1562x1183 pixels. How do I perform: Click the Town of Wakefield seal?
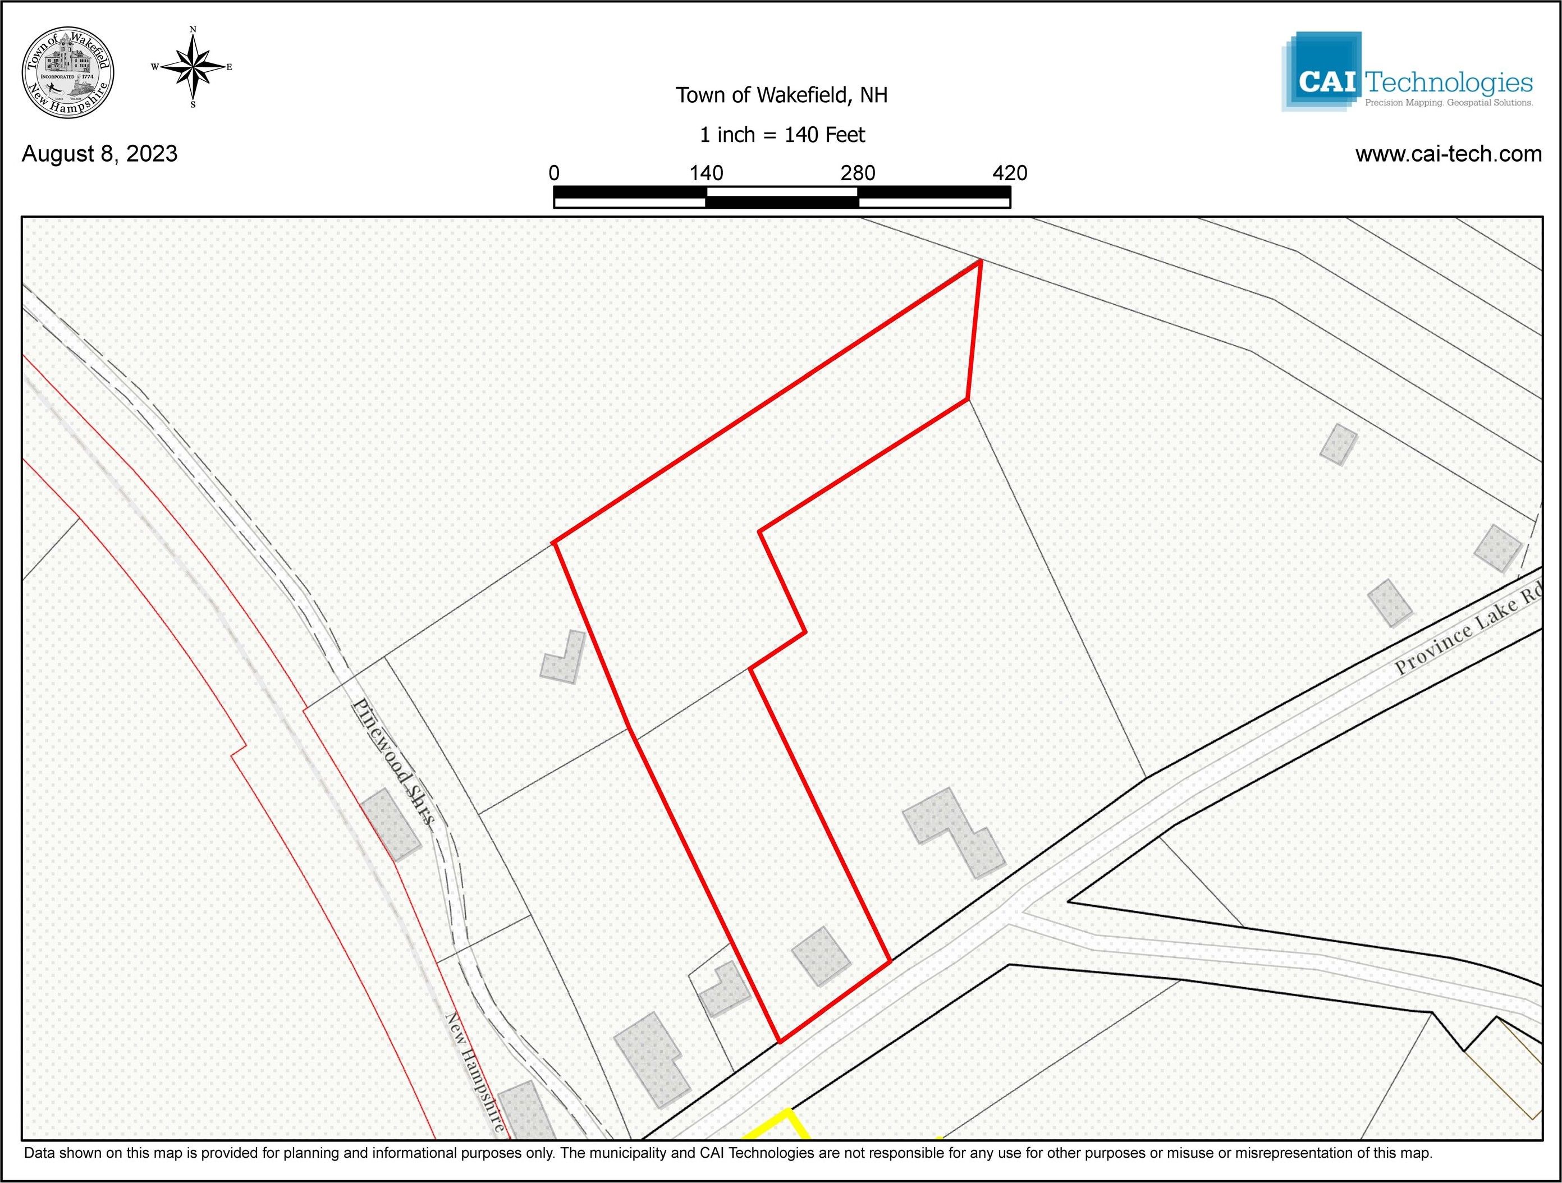(x=68, y=73)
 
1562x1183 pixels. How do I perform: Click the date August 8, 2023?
(x=99, y=154)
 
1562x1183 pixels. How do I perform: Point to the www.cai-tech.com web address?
(x=1448, y=154)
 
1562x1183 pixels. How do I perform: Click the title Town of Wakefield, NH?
(x=781, y=95)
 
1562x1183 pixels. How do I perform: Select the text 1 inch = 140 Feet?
(x=782, y=135)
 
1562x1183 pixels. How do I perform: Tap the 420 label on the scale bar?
(x=1009, y=173)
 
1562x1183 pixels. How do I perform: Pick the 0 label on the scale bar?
(x=555, y=173)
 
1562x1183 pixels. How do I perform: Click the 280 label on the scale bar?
(x=858, y=173)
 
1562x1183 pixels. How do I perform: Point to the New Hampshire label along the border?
(x=474, y=1074)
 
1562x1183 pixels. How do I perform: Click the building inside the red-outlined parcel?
(x=820, y=956)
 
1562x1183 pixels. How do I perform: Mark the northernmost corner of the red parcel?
(x=980, y=262)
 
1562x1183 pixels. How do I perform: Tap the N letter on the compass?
(x=193, y=30)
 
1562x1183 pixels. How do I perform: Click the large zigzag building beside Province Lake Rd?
(x=953, y=833)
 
